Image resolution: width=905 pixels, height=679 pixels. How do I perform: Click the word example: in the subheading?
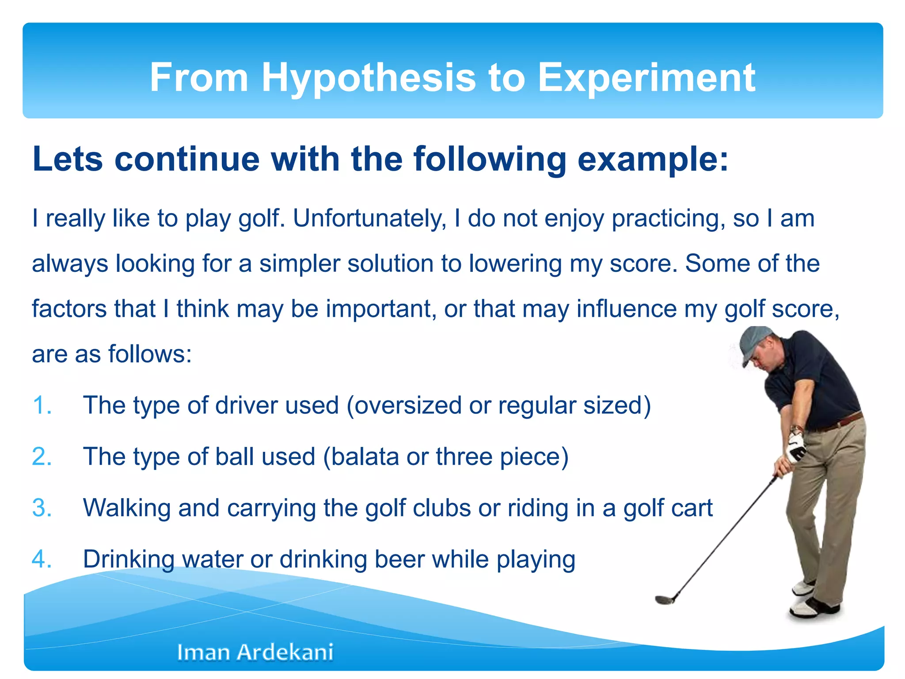653,159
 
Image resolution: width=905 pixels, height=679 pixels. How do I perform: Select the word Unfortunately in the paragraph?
369,218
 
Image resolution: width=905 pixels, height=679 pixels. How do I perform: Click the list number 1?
42,405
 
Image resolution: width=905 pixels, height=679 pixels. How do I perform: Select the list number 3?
42,508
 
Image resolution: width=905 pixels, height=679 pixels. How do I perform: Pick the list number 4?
42,559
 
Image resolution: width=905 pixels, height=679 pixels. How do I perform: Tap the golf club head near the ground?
664,599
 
